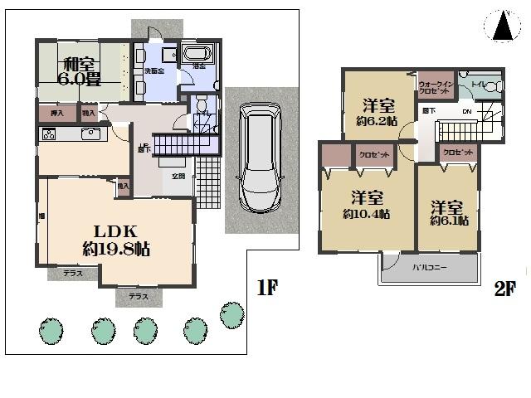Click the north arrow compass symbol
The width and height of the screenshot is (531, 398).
point(501,27)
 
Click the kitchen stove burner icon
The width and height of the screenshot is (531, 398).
point(48,134)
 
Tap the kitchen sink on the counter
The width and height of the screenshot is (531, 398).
point(90,134)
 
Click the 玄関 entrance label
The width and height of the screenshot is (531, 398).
point(178,176)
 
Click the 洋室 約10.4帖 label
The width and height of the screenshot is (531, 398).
point(366,205)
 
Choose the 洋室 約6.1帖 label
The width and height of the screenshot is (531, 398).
point(449,212)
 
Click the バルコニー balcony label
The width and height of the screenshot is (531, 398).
point(429,267)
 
